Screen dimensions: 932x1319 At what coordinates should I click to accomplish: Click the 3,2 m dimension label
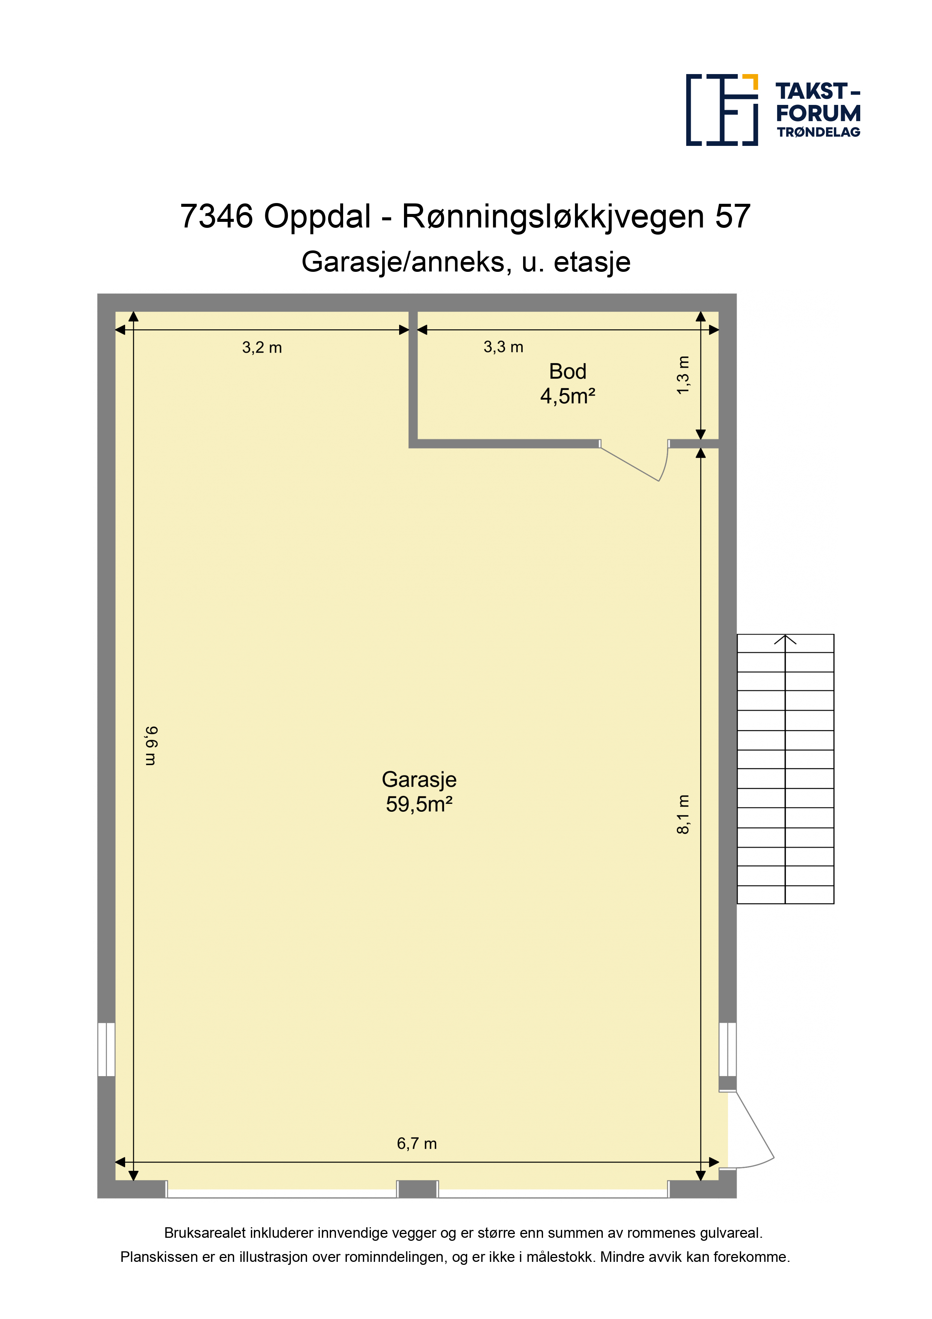[262, 347]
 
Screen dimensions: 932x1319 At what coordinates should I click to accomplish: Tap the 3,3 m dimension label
[503, 347]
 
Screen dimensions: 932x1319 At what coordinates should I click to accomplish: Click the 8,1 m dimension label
[683, 814]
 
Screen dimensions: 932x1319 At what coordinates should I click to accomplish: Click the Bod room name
[567, 372]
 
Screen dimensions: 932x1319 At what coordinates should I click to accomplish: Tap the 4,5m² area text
[567, 396]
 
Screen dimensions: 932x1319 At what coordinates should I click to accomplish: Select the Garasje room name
[419, 779]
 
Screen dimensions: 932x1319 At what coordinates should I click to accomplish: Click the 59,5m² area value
[419, 804]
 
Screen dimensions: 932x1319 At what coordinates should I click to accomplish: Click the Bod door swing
[634, 461]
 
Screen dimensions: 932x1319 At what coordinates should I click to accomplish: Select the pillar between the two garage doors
[418, 1189]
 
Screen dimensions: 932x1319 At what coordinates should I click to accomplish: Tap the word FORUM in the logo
[818, 113]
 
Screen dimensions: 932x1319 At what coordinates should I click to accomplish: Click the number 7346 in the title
[216, 217]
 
